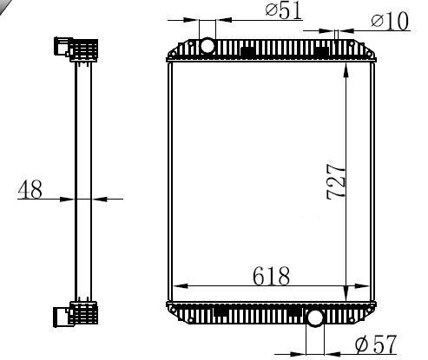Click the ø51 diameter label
(284, 11)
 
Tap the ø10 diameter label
(390, 21)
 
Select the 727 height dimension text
(336, 182)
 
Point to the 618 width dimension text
(271, 276)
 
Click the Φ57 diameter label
(376, 344)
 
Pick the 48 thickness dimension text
(30, 190)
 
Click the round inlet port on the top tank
(207, 46)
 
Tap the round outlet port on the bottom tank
(315, 317)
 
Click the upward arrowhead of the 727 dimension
(346, 70)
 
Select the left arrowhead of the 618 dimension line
(181, 285)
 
